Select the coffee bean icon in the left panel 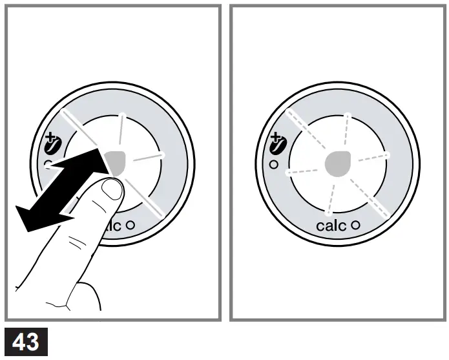[x=52, y=145]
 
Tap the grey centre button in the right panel [x=338, y=164]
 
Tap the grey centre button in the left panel [x=114, y=162]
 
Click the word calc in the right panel [x=331, y=226]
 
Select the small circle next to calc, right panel [x=355, y=226]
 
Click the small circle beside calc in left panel [x=130, y=226]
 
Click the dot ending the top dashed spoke [x=348, y=116]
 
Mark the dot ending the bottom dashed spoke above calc [x=329, y=213]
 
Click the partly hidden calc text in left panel [x=111, y=226]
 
